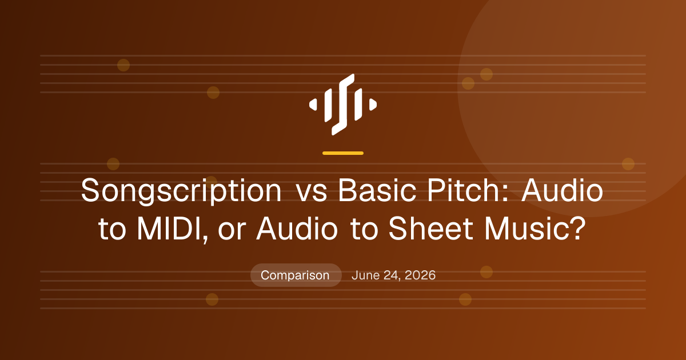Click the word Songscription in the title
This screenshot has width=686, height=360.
click(181, 191)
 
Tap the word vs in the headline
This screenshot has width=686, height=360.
click(312, 194)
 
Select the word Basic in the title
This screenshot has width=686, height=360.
click(377, 190)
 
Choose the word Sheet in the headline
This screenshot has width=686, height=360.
click(431, 229)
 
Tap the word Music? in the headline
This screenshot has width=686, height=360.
click(535, 229)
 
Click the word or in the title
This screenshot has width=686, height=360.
click(232, 232)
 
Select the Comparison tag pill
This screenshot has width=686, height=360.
click(296, 275)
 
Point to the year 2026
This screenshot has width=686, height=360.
click(420, 275)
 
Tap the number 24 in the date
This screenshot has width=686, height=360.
click(392, 275)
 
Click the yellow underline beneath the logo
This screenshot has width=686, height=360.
click(343, 153)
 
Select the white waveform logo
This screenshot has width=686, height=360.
click(343, 105)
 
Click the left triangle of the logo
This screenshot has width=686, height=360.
click(313, 105)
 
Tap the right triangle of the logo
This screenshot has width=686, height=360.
click(373, 105)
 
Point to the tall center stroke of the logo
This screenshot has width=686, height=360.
click(343, 105)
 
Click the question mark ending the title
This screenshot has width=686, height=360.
click(579, 228)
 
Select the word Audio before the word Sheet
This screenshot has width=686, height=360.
click(297, 229)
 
